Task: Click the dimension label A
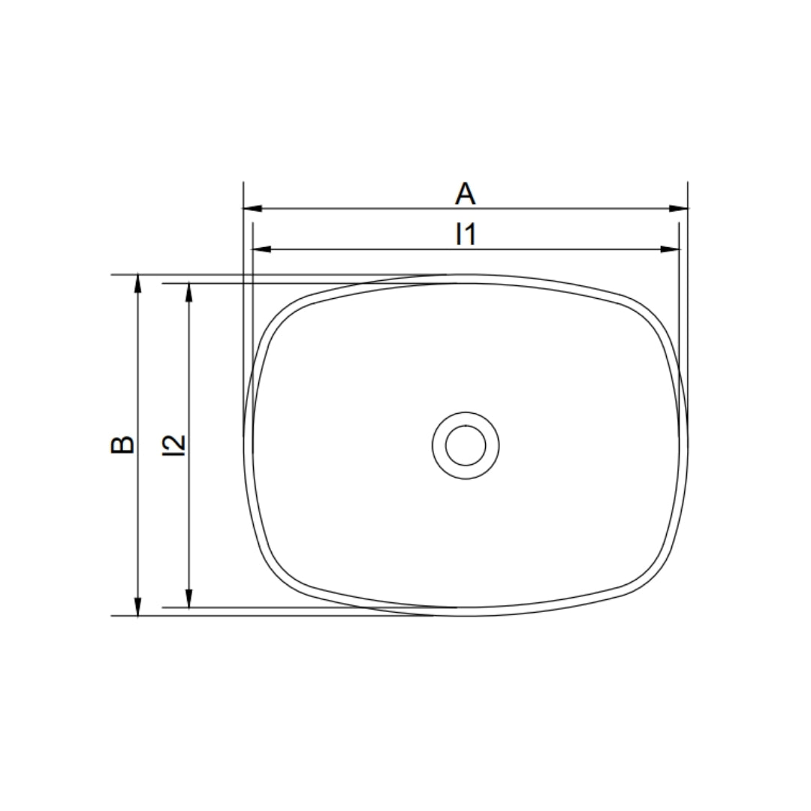pyautogui.click(x=465, y=194)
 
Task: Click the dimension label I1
pyautogui.click(x=466, y=234)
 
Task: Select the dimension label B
pyautogui.click(x=122, y=445)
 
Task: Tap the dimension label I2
pyautogui.click(x=173, y=445)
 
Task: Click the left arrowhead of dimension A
pyautogui.click(x=253, y=209)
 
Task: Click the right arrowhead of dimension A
pyautogui.click(x=678, y=209)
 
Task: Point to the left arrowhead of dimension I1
pyautogui.click(x=262, y=249)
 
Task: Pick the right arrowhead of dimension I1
pyautogui.click(x=670, y=249)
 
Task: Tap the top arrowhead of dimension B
pyautogui.click(x=137, y=285)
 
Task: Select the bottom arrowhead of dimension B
pyautogui.click(x=137, y=606)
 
